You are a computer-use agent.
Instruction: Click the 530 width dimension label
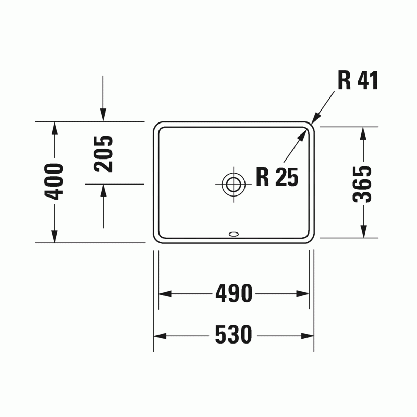(233, 334)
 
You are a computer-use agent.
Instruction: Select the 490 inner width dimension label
(234, 293)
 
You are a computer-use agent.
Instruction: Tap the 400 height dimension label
(54, 181)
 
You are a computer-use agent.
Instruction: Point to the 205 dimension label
(103, 154)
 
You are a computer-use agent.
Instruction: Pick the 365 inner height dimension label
(362, 184)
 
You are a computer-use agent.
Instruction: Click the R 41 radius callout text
(358, 80)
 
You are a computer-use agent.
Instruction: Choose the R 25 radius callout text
(277, 177)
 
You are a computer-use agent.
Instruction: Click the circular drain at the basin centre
(234, 184)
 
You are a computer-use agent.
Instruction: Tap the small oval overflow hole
(234, 234)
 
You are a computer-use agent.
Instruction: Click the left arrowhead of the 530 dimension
(160, 336)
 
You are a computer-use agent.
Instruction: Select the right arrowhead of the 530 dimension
(308, 336)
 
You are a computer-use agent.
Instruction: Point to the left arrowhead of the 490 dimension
(165, 294)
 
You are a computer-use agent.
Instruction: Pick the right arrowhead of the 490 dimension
(303, 294)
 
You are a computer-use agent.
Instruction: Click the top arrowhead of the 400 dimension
(54, 128)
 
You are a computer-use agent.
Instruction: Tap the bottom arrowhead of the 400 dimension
(54, 237)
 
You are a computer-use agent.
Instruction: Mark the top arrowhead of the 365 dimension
(363, 133)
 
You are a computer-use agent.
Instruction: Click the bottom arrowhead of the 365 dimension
(363, 231)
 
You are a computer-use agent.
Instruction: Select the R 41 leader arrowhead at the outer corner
(315, 118)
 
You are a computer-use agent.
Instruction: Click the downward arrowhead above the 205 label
(103, 115)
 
